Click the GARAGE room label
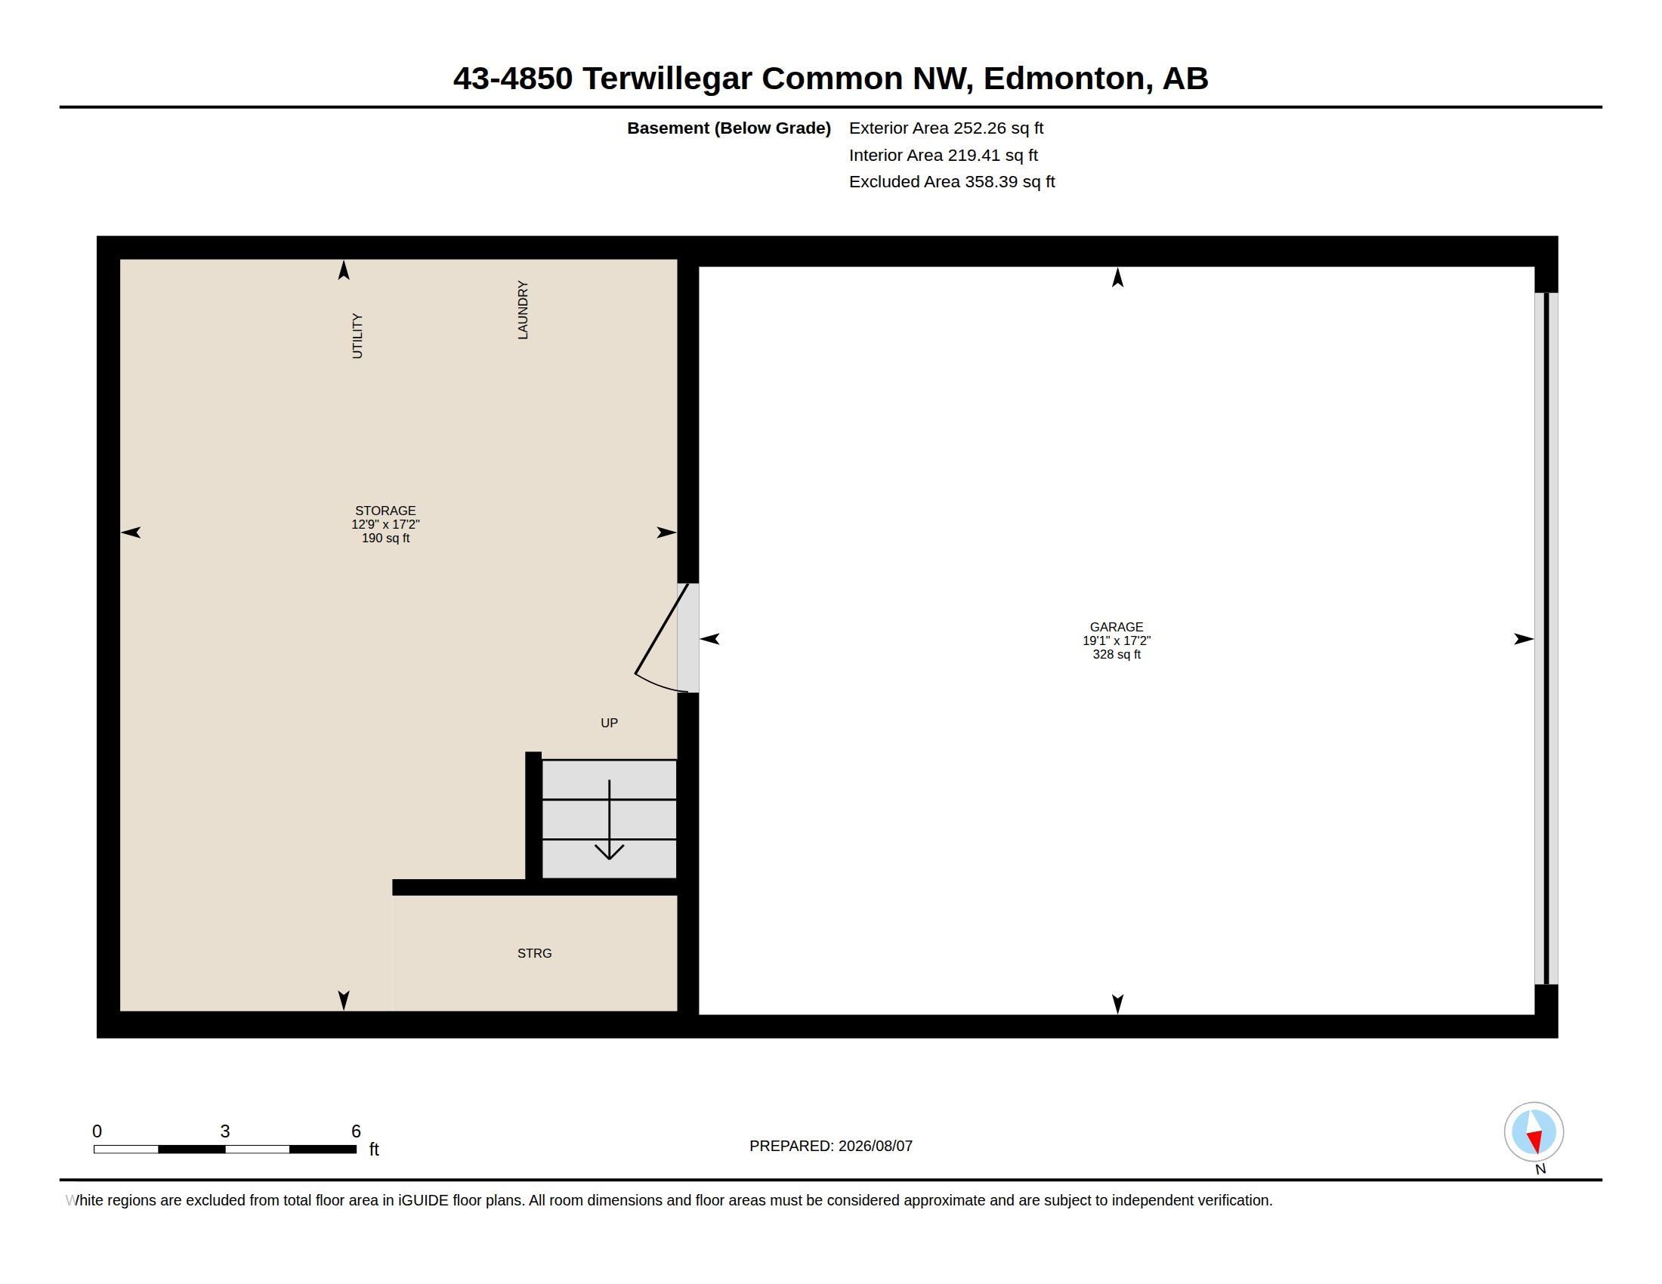(1117, 627)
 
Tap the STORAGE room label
(385, 511)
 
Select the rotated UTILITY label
(357, 335)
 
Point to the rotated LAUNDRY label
(523, 310)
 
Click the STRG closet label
(534, 953)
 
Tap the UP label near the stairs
(609, 723)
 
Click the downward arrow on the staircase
(609, 820)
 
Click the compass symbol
(1534, 1132)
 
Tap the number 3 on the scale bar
(225, 1131)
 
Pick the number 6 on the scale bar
(356, 1131)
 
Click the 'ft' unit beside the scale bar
(374, 1149)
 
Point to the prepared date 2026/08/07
(875, 1146)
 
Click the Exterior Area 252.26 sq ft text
(946, 128)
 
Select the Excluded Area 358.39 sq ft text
(952, 182)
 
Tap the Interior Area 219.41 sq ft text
(943, 155)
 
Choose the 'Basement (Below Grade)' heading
(729, 128)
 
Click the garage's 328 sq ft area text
(1117, 654)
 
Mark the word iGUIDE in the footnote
(422, 1200)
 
